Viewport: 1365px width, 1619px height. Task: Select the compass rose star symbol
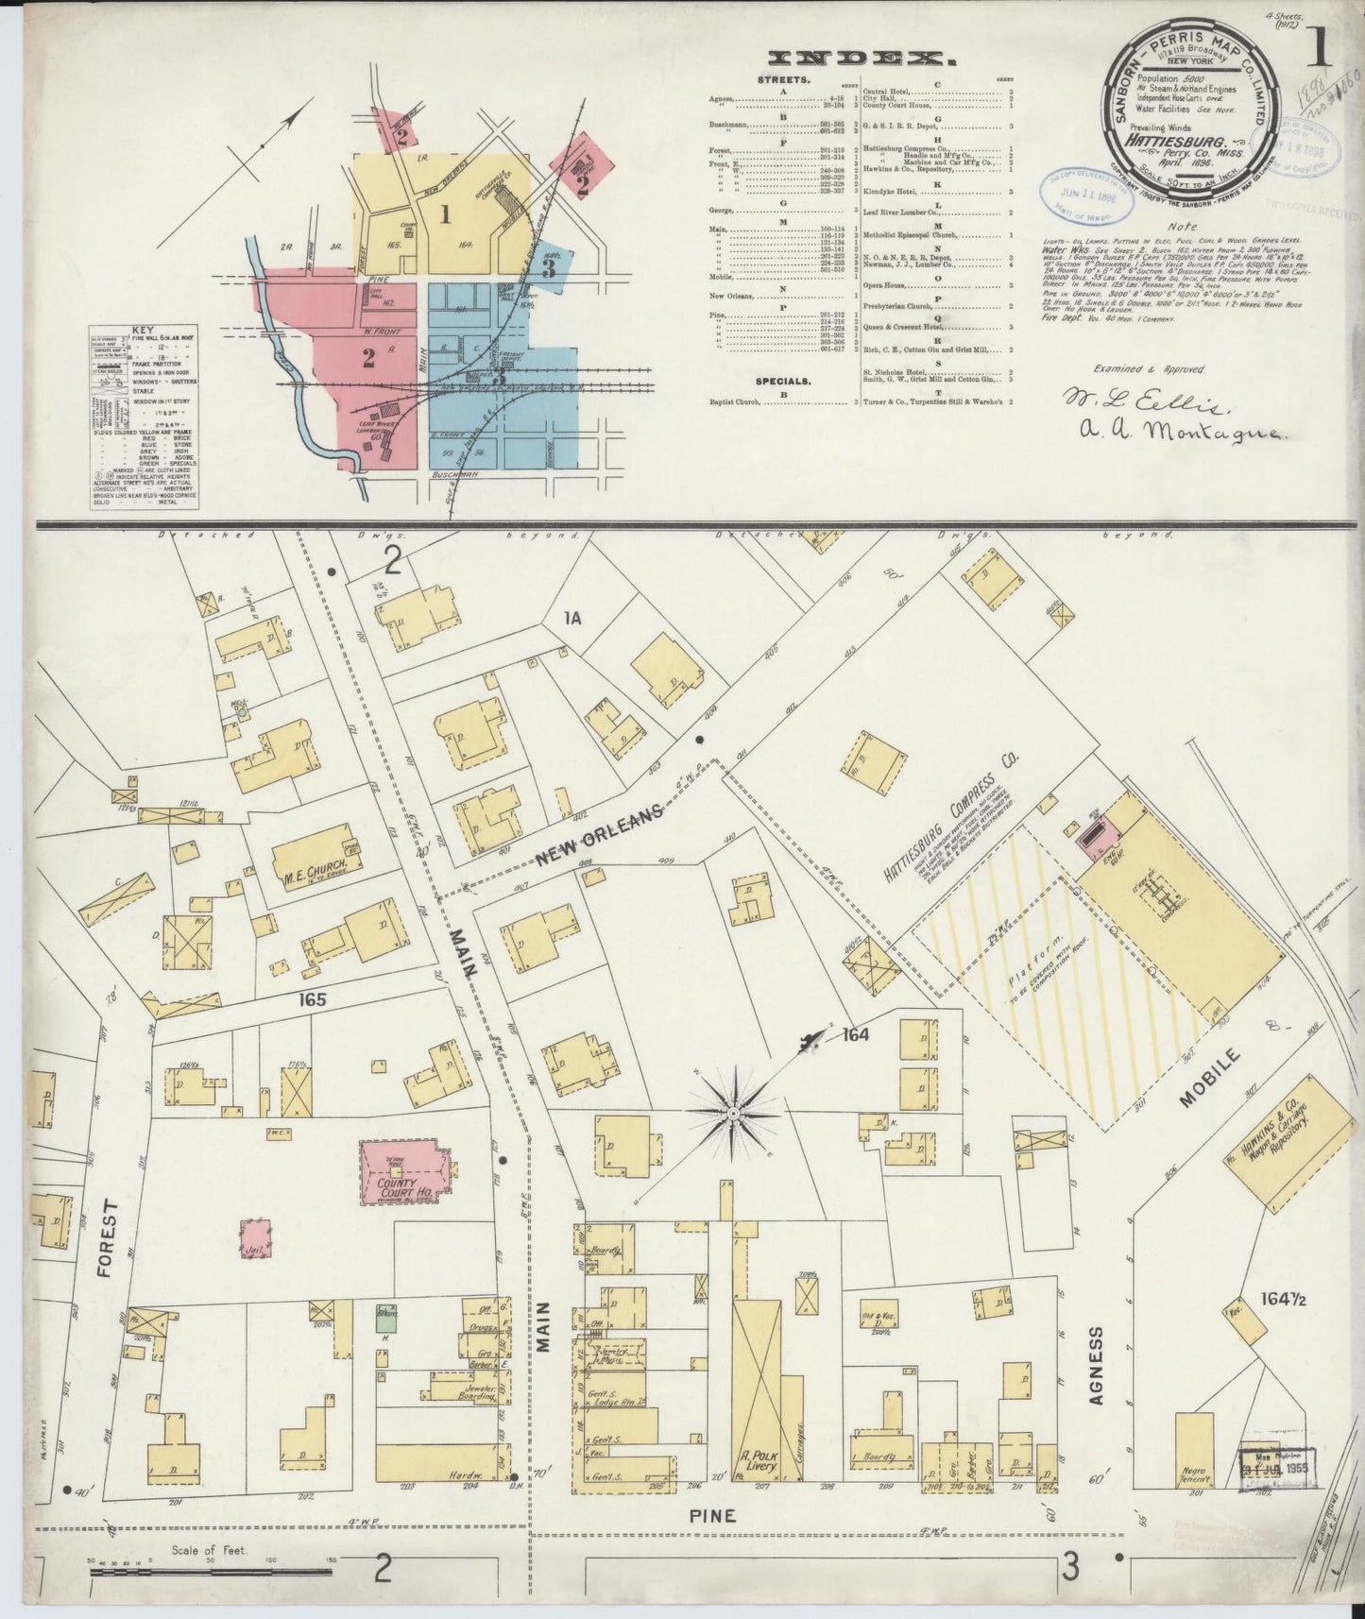pos(732,1114)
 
